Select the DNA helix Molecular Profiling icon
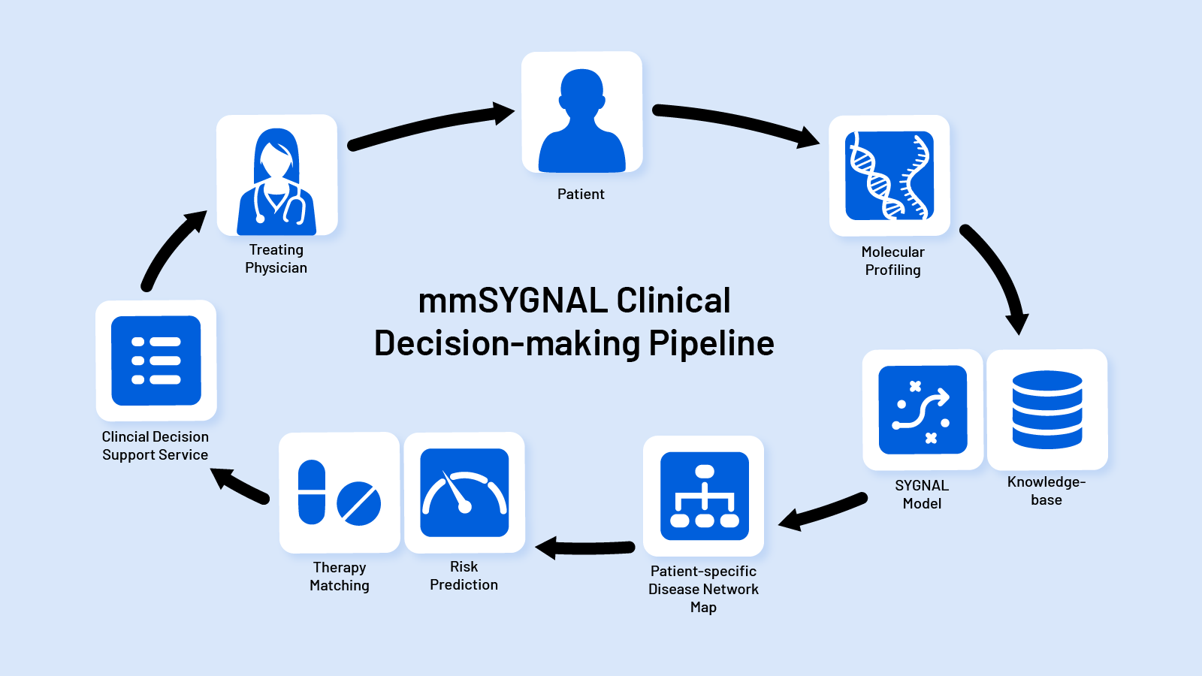pos(889,176)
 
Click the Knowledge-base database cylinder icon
pos(1047,409)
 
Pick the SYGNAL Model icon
pos(923,409)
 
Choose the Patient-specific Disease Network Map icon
pos(704,496)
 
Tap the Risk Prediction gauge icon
pos(464,493)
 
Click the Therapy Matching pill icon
pos(340,493)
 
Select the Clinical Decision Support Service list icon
pos(156,361)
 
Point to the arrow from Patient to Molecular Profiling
pos(736,124)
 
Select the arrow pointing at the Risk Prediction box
pos(586,548)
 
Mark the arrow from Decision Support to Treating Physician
pos(171,248)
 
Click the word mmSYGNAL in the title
pos(512,301)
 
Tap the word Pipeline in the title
pos(711,343)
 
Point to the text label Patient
pos(581,194)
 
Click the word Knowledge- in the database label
pos(1046,482)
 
